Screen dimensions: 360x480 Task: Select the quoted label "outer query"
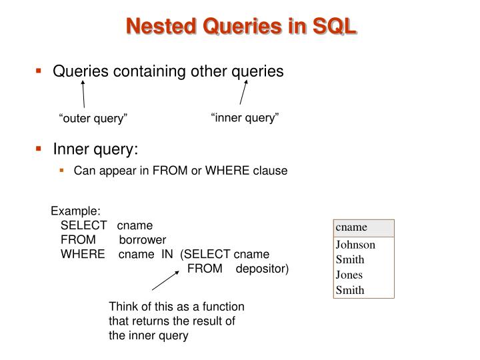pyautogui.click(x=93, y=119)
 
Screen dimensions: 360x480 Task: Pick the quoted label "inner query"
pyautogui.click(x=245, y=117)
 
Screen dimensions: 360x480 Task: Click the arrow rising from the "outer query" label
pyautogui.click(x=83, y=93)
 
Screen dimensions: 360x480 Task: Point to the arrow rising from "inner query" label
pyautogui.click(x=243, y=92)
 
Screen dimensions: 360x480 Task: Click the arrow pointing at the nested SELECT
pyautogui.click(x=166, y=281)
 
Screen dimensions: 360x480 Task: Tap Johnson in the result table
pyautogui.click(x=355, y=245)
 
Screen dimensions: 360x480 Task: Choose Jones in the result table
pyautogui.click(x=349, y=275)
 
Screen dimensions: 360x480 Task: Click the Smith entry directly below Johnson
pyautogui.click(x=350, y=260)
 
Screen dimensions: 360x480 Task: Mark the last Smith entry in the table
pyautogui.click(x=350, y=290)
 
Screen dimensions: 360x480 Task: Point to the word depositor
pyautogui.click(x=263, y=268)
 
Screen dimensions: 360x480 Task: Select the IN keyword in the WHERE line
pyautogui.click(x=167, y=254)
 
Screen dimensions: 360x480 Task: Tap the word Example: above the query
pyautogui.click(x=76, y=211)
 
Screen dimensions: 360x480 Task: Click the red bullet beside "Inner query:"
pyautogui.click(x=39, y=149)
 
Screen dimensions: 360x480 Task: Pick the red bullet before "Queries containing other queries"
pyautogui.click(x=39, y=71)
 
